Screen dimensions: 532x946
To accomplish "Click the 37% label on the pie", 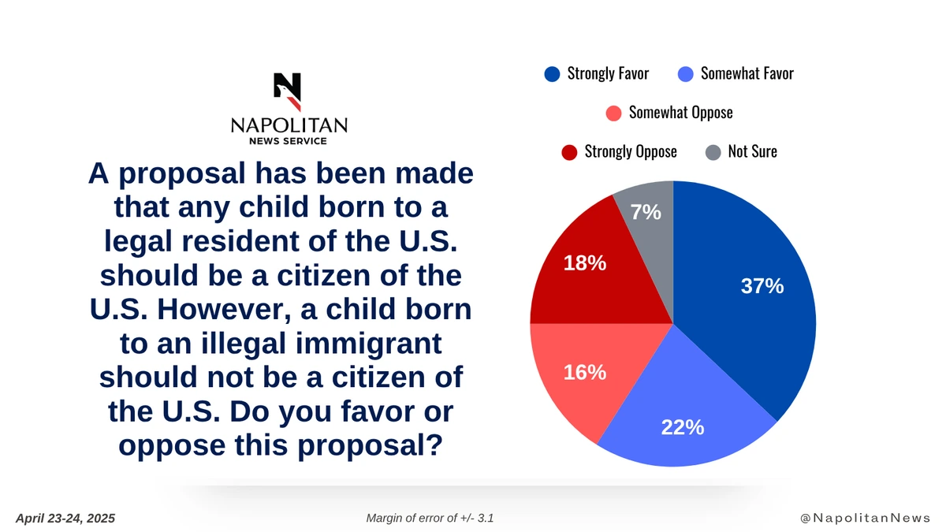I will point(762,287).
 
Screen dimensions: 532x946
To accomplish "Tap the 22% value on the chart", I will point(683,427).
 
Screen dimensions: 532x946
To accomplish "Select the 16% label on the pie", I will point(585,372).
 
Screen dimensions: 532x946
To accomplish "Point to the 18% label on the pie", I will point(585,264).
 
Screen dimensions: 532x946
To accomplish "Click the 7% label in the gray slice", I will point(646,212).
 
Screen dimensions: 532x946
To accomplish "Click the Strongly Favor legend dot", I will point(552,74).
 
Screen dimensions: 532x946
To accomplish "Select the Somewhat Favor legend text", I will point(747,74).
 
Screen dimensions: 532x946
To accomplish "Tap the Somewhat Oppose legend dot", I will point(614,113).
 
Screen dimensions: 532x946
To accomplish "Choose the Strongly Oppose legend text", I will point(630,151).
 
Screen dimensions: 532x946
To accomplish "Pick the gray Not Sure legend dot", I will point(713,151).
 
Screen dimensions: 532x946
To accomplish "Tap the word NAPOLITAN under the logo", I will point(289,126).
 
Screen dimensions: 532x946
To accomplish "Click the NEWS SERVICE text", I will point(289,141).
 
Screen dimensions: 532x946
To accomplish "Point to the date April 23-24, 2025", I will point(65,518).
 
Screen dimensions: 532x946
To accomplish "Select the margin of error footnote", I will point(430,518).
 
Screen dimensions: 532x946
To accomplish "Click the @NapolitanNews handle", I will point(865,518).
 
